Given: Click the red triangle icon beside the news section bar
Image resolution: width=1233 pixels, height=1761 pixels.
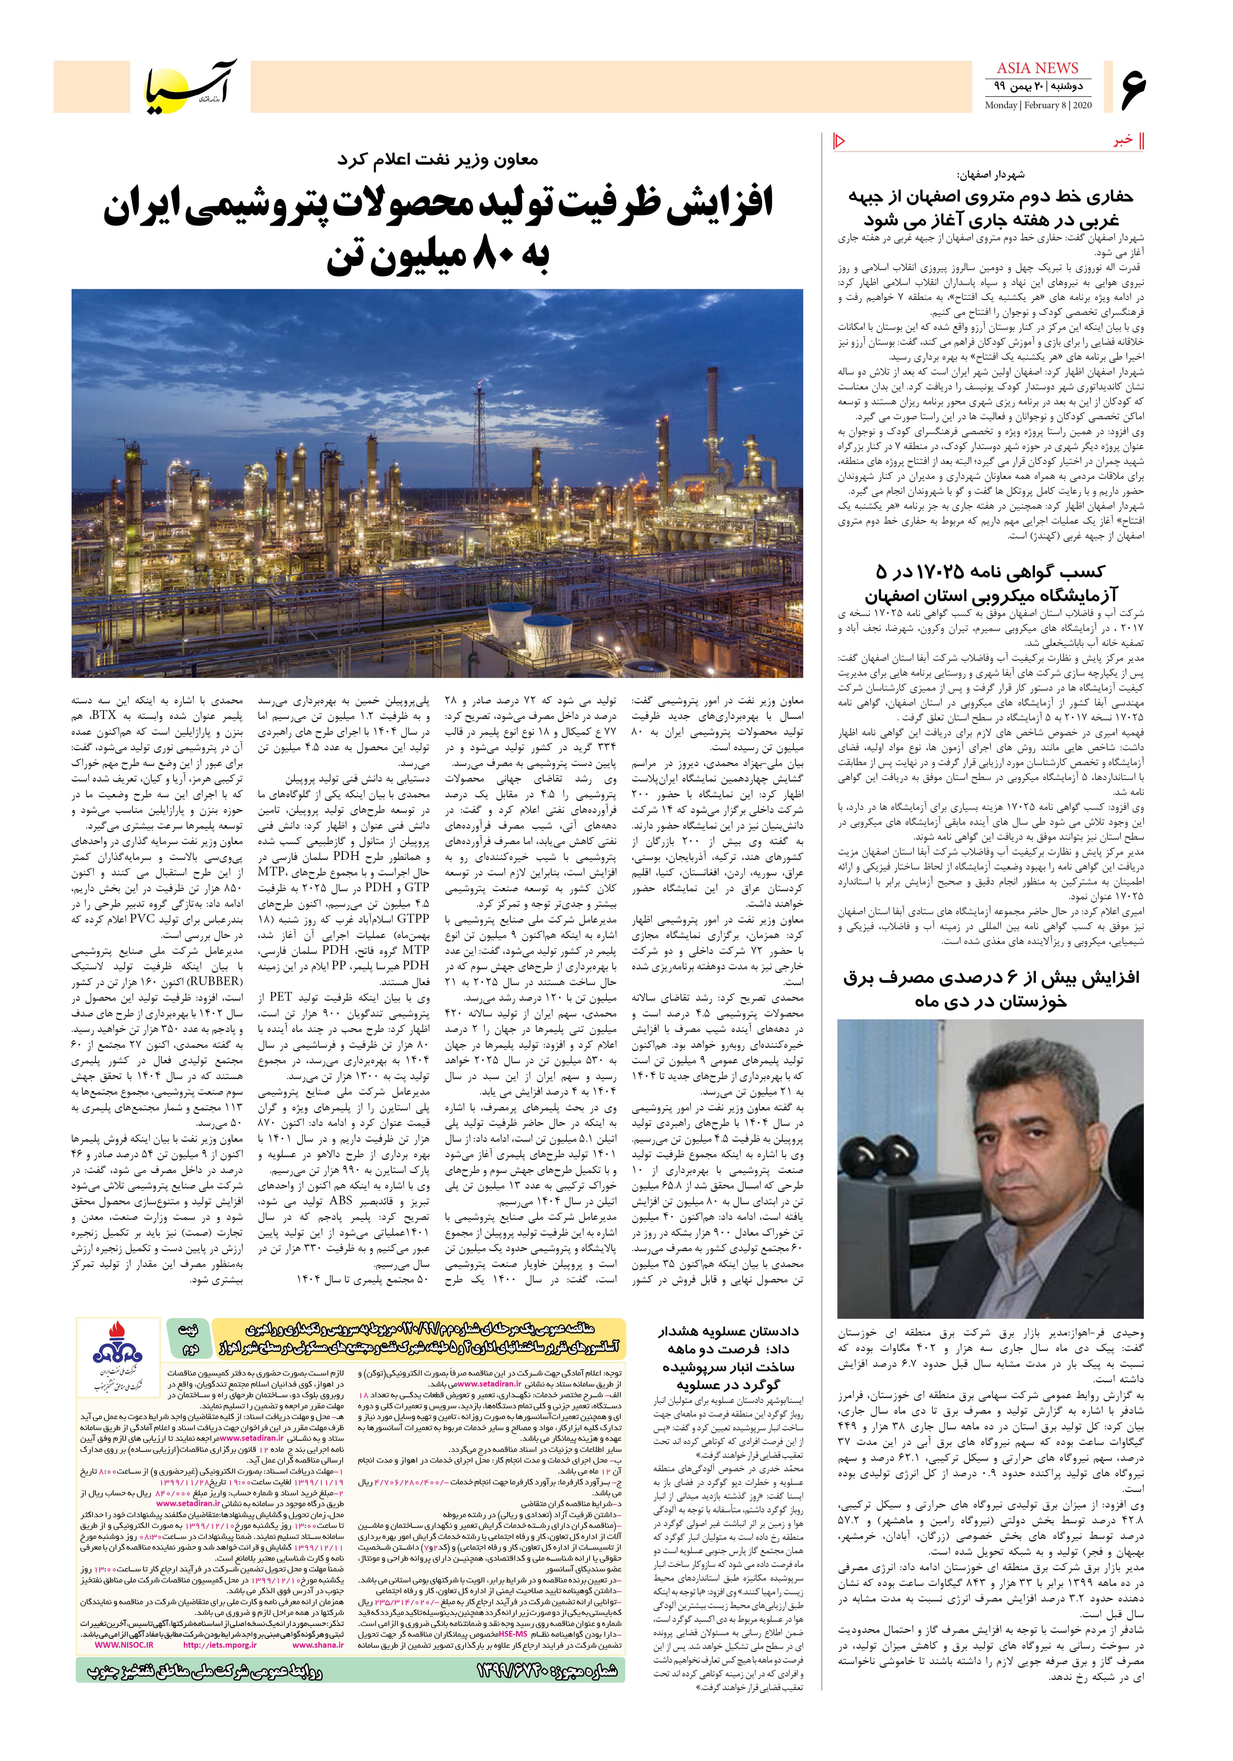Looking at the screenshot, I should pos(839,140).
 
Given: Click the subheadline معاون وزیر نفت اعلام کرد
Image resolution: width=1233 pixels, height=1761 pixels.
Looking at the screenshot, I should pos(437,161).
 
